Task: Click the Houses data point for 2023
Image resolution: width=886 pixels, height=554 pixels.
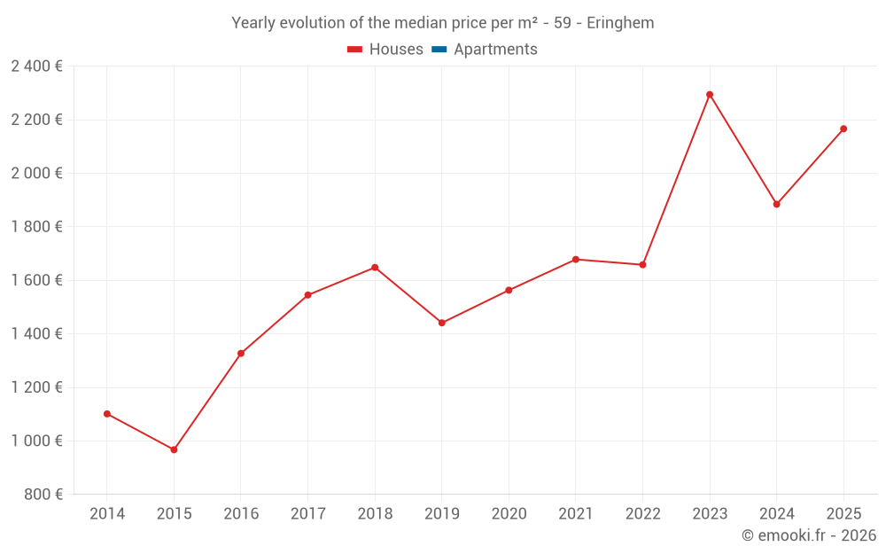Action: point(710,95)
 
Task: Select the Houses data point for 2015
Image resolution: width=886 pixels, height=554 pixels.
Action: point(174,449)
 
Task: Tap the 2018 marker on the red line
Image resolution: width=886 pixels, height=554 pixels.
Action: point(375,268)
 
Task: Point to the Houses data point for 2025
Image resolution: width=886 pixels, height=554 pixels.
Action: point(843,129)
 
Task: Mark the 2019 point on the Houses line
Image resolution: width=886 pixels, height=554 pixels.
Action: point(442,323)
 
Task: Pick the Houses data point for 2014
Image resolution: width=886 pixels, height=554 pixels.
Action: point(107,414)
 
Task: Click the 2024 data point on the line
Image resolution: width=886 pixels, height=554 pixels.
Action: point(777,205)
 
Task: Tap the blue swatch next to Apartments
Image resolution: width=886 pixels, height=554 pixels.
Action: point(439,50)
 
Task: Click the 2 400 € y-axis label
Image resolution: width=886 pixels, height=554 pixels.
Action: point(36,66)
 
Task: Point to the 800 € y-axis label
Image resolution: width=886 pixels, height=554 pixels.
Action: point(43,495)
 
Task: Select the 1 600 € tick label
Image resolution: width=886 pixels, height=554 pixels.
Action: point(36,280)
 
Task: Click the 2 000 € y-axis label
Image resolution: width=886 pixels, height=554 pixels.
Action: point(36,173)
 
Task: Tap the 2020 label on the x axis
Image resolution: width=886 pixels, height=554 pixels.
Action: point(509,514)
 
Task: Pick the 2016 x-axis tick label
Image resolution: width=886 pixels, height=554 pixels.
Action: point(241,514)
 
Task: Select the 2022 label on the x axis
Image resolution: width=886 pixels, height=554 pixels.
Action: point(642,514)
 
